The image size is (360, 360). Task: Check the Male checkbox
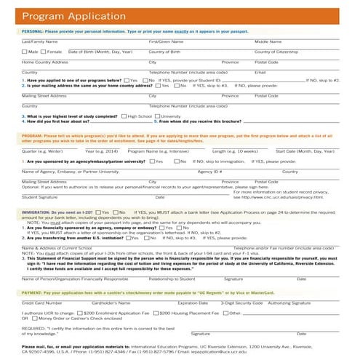point(25,52)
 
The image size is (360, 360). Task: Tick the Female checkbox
point(43,52)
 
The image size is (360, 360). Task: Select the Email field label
point(260,73)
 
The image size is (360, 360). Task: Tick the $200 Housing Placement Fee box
point(155,313)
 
